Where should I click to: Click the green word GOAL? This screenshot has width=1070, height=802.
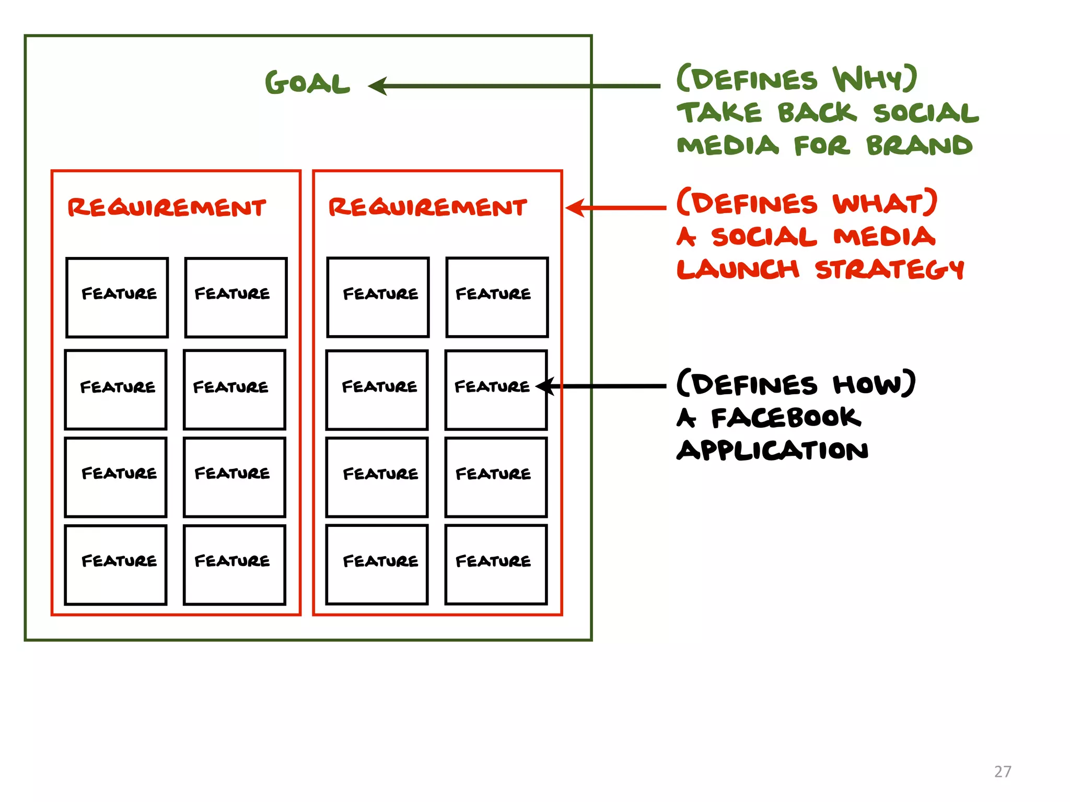pyautogui.click(x=307, y=84)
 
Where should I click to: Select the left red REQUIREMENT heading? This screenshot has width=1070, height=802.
pyautogui.click(x=167, y=207)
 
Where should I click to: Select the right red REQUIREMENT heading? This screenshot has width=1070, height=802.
pyautogui.click(x=427, y=207)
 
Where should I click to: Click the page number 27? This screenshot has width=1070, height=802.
pyautogui.click(x=1002, y=772)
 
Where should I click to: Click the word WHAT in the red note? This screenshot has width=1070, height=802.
pyautogui.click(x=883, y=204)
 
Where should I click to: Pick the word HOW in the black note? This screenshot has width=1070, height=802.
pyautogui.click(x=873, y=384)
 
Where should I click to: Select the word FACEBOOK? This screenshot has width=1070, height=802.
pyautogui.click(x=786, y=418)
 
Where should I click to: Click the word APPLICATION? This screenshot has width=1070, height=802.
pyautogui.click(x=772, y=450)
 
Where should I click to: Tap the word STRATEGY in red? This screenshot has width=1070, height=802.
pyautogui.click(x=889, y=269)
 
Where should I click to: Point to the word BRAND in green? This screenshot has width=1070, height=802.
pyautogui.click(x=920, y=146)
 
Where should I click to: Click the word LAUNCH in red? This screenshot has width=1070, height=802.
pyautogui.click(x=738, y=269)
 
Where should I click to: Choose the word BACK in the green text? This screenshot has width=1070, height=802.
pyautogui.click(x=817, y=113)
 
